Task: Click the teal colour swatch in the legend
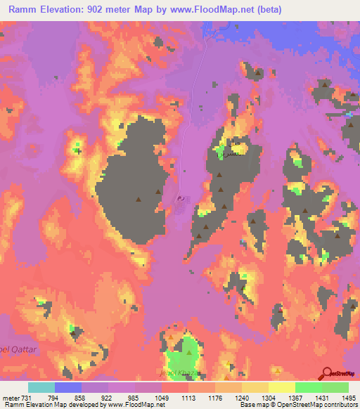pos(41,387)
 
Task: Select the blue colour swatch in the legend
pos(67,387)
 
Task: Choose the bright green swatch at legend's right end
pos(335,387)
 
